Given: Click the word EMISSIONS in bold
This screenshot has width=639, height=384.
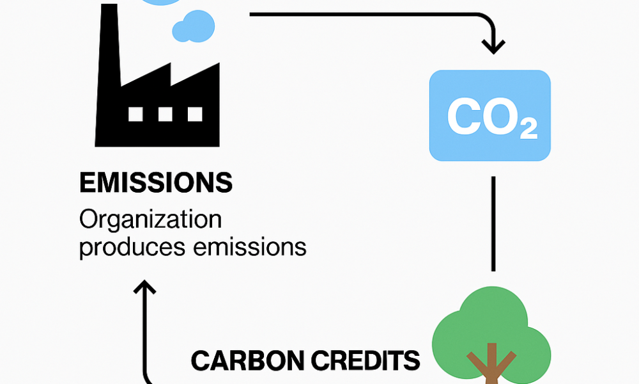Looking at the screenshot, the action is coord(156,182).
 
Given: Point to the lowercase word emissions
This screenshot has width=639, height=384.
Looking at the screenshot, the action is coord(250,246).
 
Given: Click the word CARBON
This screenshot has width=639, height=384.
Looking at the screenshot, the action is coord(247,361).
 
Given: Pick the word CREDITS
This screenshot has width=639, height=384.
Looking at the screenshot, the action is coord(366,361).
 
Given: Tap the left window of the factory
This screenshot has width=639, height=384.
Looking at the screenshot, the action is coord(135,115).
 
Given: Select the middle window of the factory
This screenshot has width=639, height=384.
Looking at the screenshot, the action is coord(165,115).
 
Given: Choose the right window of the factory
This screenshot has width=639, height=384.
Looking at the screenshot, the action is coord(195,115).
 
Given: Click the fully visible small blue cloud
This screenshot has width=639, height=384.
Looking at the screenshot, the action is coord(194,26).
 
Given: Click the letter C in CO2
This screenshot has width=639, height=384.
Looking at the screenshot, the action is coord(463,116).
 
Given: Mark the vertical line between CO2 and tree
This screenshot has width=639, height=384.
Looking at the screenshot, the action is coord(493,223).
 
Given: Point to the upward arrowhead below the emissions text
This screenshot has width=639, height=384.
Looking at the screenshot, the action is coord(144,287).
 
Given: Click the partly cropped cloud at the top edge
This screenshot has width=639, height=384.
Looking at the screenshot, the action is coord(162,3).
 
